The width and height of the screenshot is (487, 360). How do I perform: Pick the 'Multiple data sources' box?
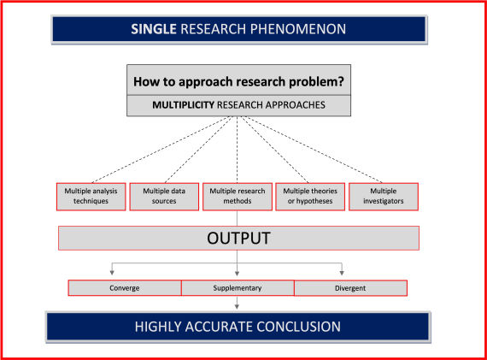coord(163,196)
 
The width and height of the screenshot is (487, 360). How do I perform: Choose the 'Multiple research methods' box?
coord(237,196)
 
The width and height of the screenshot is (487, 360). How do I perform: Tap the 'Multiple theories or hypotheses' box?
coord(310,196)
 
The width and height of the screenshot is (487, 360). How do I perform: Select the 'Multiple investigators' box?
coord(384,196)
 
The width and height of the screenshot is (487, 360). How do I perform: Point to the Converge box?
coord(125,288)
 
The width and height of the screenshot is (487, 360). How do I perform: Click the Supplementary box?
coord(237,288)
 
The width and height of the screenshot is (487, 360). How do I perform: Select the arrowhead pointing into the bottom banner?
coord(238,305)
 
